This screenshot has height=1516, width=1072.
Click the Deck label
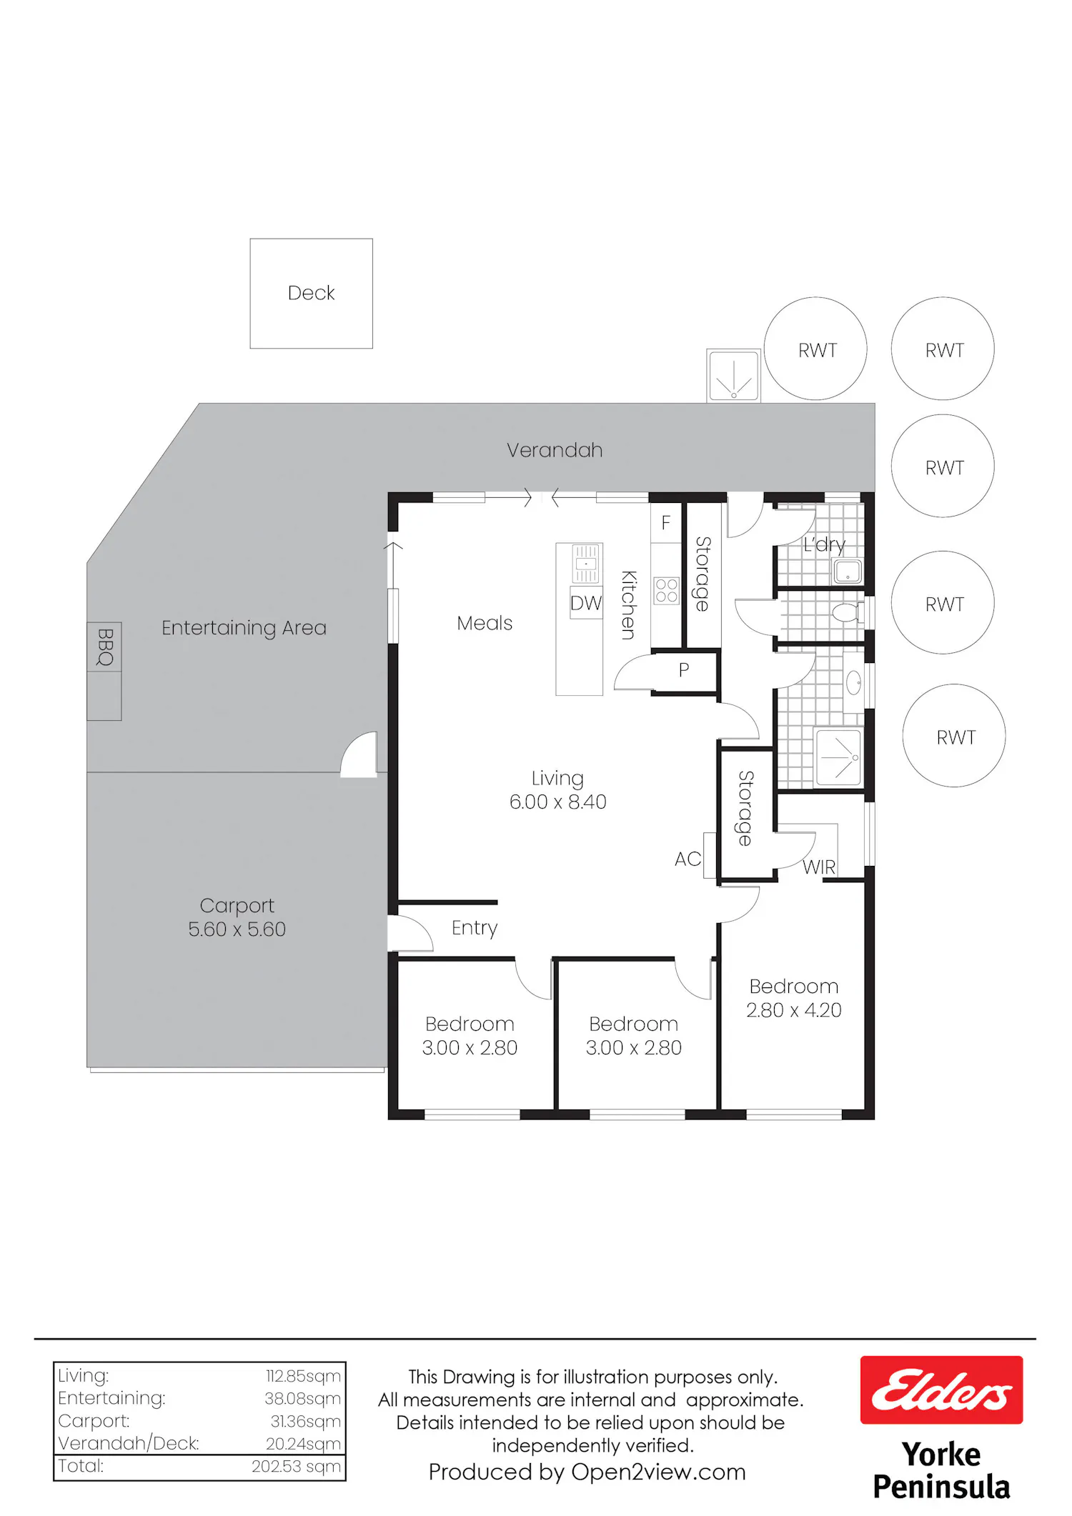coord(311,293)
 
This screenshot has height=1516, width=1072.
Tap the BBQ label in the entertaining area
coord(105,647)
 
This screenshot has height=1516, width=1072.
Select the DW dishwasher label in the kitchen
coord(586,603)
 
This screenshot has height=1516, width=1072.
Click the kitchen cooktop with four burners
coord(666,591)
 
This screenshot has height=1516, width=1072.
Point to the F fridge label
coord(665,523)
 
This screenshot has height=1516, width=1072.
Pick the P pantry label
coord(684,670)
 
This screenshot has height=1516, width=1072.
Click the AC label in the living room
coord(688,859)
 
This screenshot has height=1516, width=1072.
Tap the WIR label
coord(819,867)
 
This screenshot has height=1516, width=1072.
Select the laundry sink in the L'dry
coord(848,572)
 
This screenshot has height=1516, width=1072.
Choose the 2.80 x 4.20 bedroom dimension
coord(793,1010)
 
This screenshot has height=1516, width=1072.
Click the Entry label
coord(475,928)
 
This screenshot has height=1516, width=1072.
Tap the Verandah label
coord(555,450)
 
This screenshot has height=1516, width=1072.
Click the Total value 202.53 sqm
coord(296,1466)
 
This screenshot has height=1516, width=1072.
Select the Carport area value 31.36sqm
coord(305,1421)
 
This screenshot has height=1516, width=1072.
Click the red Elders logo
coord(941,1390)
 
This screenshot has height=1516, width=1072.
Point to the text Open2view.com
coord(658,1472)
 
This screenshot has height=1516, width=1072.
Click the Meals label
coord(485,623)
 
